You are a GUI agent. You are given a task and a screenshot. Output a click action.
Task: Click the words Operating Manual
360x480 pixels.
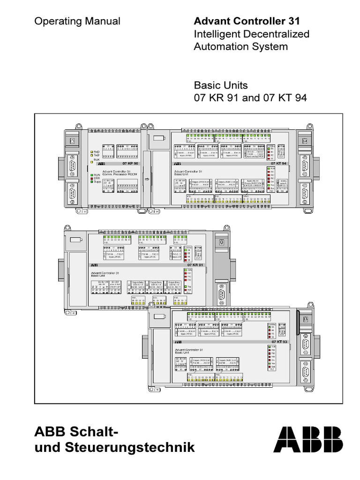pyautogui.click(x=77, y=21)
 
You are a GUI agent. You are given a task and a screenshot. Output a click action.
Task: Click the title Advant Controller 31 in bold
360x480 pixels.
pyautogui.click(x=247, y=21)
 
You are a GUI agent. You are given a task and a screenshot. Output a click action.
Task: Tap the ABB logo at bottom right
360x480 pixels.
pyautogui.click(x=308, y=440)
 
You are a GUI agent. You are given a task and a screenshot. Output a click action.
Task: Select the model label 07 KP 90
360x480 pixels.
pyautogui.click(x=130, y=164)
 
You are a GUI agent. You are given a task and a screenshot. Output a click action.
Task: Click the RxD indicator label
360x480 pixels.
pyautogui.click(x=97, y=152)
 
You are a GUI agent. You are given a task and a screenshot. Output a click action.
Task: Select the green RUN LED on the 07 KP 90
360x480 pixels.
pyautogui.click(x=91, y=174)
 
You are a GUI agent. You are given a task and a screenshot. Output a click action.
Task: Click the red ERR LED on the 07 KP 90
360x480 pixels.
pyautogui.click(x=91, y=178)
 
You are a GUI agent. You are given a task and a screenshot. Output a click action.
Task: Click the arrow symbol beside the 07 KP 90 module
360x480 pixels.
pyautogui.click(x=147, y=179)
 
